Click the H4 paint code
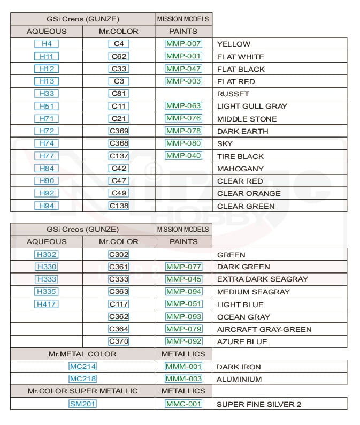(46, 44)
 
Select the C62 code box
(119, 56)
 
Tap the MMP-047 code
(183, 69)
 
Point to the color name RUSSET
(233, 94)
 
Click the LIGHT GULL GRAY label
(252, 106)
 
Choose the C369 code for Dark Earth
(119, 131)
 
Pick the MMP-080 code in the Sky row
(183, 143)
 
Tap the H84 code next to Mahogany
(46, 168)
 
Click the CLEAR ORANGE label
(248, 193)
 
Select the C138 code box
(119, 206)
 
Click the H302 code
(46, 254)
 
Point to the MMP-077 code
(183, 267)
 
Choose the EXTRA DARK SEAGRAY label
(262, 279)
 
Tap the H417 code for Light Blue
(46, 304)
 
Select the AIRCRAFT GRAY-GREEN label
(264, 329)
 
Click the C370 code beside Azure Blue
(119, 341)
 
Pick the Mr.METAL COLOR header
(82, 354)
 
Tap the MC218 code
(82, 378)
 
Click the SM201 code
(82, 404)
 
